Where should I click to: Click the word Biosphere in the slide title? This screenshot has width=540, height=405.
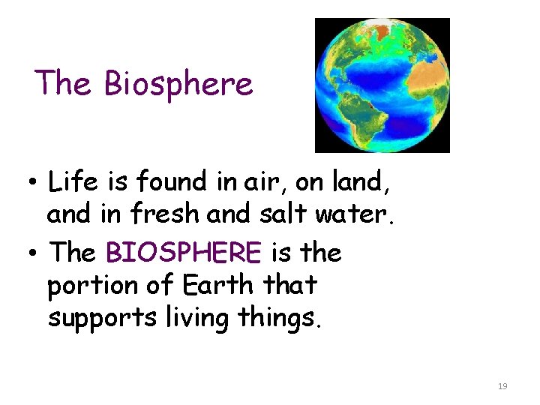[x=178, y=84]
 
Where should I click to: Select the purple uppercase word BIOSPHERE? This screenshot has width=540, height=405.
[x=184, y=253]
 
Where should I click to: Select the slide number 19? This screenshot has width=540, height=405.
[x=502, y=386]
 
